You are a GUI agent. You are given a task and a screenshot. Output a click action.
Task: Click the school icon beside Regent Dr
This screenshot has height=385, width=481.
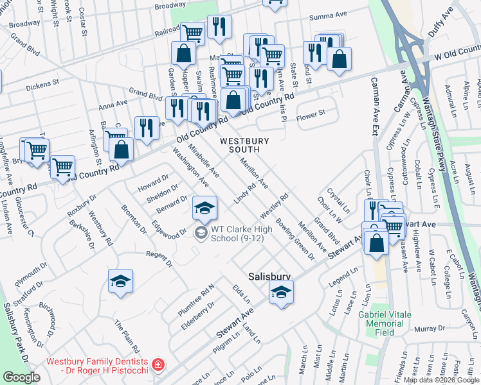(x=120, y=282)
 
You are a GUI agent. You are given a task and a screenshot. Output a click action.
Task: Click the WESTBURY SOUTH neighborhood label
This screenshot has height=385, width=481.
(x=240, y=145)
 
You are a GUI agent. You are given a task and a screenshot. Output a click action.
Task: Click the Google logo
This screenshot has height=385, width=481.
(x=22, y=377)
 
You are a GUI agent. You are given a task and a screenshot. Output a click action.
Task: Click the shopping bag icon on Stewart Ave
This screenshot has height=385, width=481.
(x=376, y=243)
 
